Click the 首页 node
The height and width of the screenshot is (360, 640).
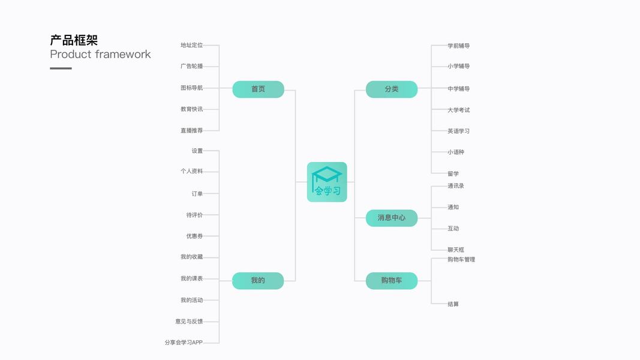point(258,89)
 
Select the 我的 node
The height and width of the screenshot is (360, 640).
point(258,281)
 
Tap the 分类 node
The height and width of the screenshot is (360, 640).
point(392,89)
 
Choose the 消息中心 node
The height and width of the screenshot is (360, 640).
point(392,218)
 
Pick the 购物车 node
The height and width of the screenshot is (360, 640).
point(392,281)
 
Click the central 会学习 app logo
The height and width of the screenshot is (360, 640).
point(327,182)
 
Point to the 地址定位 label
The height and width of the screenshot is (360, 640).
point(192,45)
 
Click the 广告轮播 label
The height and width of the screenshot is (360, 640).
point(192,66)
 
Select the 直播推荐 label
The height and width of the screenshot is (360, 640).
point(192,130)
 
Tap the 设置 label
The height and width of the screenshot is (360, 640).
point(197,151)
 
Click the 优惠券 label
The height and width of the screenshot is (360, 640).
point(194,236)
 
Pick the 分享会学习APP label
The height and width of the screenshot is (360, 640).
point(184,343)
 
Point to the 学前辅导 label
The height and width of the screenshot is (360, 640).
point(459,46)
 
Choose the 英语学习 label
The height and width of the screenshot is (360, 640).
point(459,131)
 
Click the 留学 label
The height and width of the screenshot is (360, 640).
point(453,173)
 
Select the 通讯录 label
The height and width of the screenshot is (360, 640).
point(456,186)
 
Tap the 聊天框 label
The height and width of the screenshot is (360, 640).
point(456,250)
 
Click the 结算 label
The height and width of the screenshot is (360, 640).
point(453,304)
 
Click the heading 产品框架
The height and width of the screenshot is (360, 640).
point(74,40)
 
